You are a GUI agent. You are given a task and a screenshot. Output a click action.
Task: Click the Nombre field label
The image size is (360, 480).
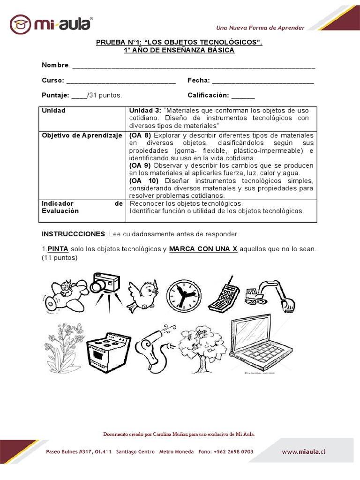[x=55, y=65]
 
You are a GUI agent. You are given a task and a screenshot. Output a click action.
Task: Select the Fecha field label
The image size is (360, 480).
[x=198, y=81]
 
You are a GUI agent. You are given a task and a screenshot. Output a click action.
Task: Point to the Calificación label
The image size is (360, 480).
[x=208, y=95]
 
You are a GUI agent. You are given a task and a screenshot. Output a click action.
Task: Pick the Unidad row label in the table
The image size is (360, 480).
[x=53, y=111]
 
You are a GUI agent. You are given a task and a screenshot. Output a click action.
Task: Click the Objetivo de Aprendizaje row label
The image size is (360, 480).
[x=82, y=135]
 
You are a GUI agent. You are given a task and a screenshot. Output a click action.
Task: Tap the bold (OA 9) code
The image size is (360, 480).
[x=140, y=165]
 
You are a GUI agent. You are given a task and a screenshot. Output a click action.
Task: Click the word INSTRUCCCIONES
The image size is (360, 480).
[x=73, y=233]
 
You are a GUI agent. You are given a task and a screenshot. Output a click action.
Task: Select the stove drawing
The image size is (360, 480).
[x=105, y=351]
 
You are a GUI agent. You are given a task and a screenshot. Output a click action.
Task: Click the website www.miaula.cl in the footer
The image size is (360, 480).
[x=303, y=452]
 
